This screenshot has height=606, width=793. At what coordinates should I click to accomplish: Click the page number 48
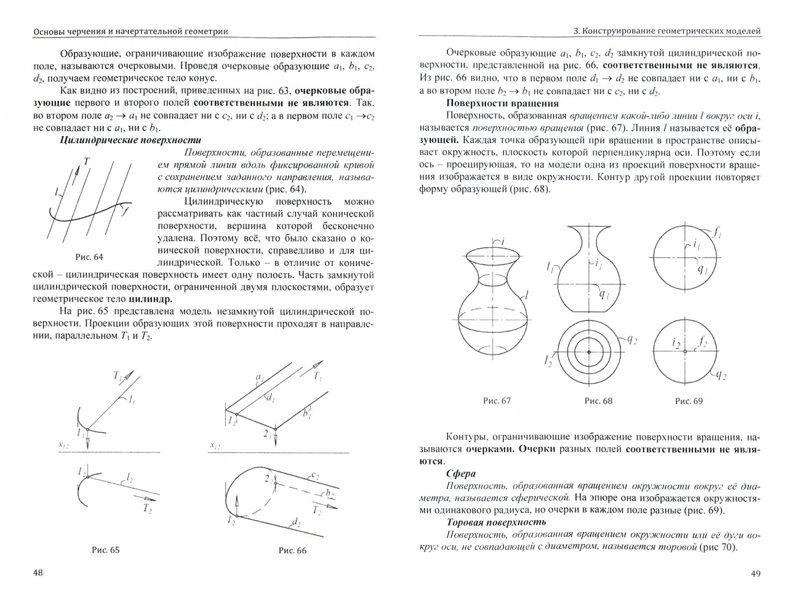coord(38,573)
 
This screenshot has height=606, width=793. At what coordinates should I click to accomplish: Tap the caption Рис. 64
coord(90,257)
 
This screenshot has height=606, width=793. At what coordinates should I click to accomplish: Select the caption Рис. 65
coord(106,550)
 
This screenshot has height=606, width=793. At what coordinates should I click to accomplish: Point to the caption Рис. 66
coord(292,550)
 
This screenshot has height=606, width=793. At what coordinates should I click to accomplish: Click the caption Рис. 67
coord(497,401)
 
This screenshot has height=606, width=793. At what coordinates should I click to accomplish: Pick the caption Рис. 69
coord(689,401)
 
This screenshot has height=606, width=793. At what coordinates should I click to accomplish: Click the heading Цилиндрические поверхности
coord(130,140)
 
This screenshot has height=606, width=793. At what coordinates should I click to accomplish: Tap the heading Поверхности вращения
coord(502,103)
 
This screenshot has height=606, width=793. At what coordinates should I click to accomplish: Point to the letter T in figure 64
coord(86,161)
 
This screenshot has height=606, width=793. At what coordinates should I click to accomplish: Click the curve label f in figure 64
coord(124,212)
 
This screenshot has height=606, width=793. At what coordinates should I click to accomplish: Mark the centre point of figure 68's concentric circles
coord(589,352)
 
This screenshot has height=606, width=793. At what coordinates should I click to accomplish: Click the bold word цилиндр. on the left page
coord(152,299)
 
